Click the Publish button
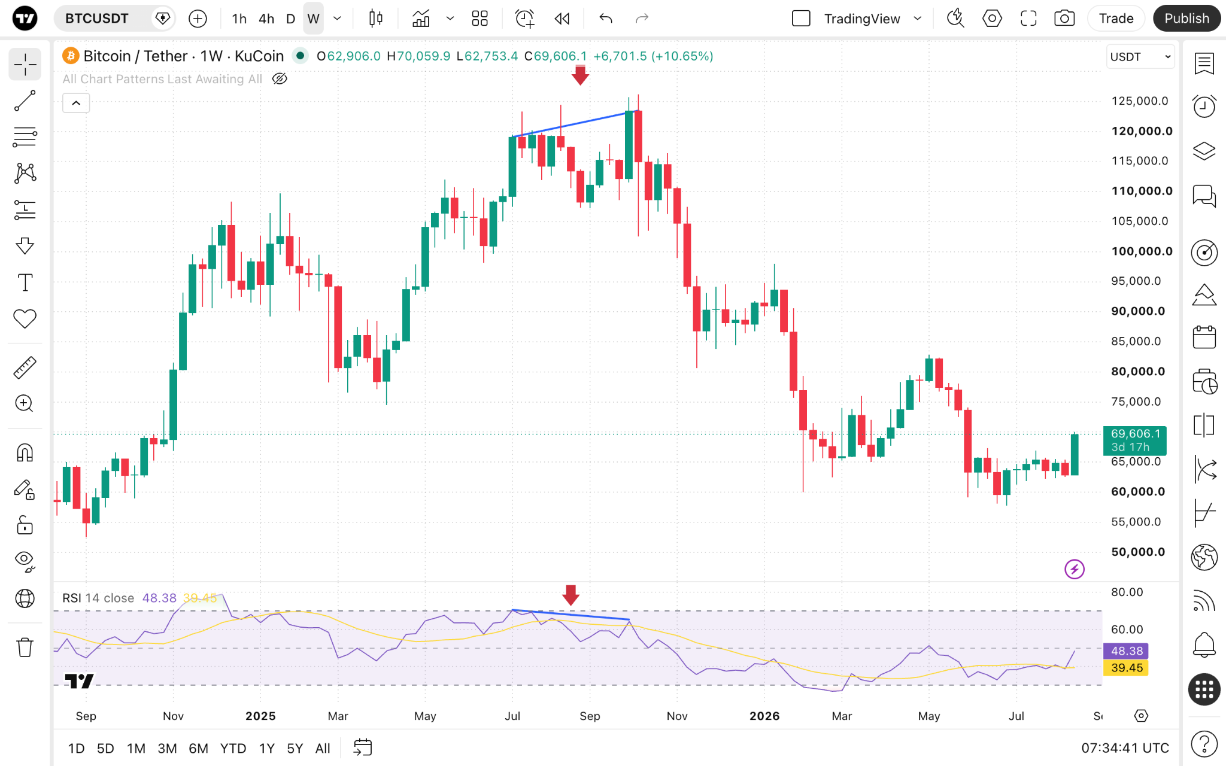click(x=1186, y=19)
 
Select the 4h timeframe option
click(x=266, y=19)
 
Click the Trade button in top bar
click(x=1116, y=19)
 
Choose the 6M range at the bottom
click(x=198, y=748)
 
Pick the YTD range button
click(x=233, y=748)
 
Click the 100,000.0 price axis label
click(x=1142, y=251)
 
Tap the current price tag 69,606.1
click(x=1135, y=440)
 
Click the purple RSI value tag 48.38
click(x=1126, y=651)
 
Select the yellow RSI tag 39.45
click(x=1126, y=667)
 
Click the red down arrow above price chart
click(x=580, y=75)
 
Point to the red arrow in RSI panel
click(x=571, y=595)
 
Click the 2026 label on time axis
click(x=764, y=716)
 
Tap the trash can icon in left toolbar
click(x=25, y=647)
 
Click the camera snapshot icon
click(x=1064, y=19)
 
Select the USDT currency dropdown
click(x=1140, y=57)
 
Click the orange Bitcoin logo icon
click(x=71, y=56)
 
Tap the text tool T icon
click(x=25, y=282)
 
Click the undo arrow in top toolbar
click(x=605, y=19)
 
